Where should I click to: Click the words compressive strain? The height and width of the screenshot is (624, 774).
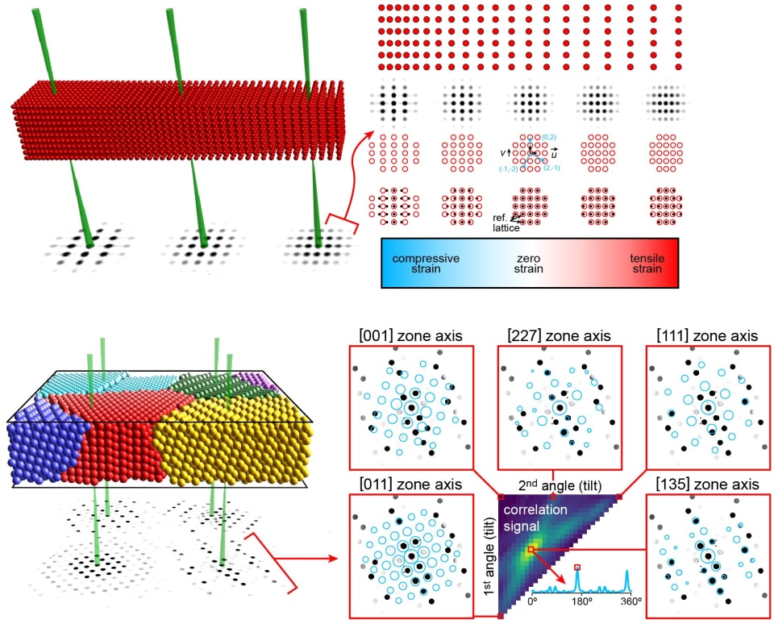click(425, 264)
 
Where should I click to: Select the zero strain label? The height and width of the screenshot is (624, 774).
click(529, 264)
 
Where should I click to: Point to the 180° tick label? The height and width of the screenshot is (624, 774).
click(577, 601)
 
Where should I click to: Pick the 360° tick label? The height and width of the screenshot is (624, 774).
click(630, 601)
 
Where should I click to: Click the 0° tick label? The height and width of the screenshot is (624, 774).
click(533, 601)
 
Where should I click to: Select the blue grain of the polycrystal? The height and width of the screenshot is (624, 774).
click(44, 447)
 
